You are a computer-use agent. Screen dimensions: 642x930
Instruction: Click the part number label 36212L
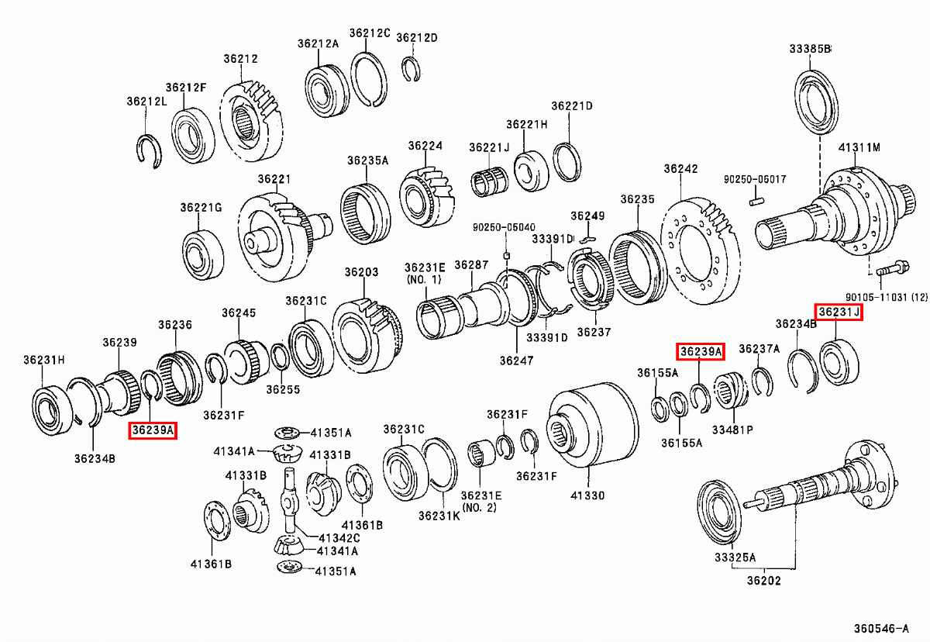coord(146,101)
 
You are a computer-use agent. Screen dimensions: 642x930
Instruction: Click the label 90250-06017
coord(755,179)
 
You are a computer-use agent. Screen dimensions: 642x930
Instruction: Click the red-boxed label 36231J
coord(838,312)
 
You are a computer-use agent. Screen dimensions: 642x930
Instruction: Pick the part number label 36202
coord(763,580)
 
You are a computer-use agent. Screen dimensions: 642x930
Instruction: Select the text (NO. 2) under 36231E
coord(480,508)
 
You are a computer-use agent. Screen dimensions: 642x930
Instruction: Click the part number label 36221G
coord(201,208)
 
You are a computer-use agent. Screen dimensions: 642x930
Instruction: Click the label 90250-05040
coord(504,227)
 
